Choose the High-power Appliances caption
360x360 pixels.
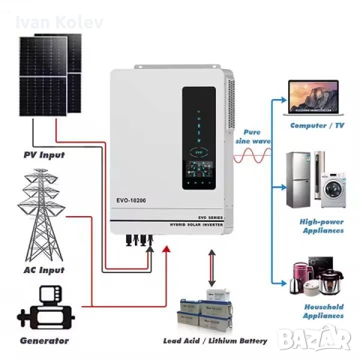(322, 226)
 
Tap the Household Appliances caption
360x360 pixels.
(323, 311)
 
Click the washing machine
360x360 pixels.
(331, 182)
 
